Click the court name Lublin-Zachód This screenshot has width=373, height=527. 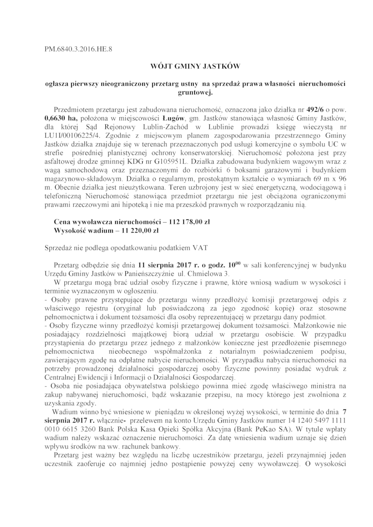165,127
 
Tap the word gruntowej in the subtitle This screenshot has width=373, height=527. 186,93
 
